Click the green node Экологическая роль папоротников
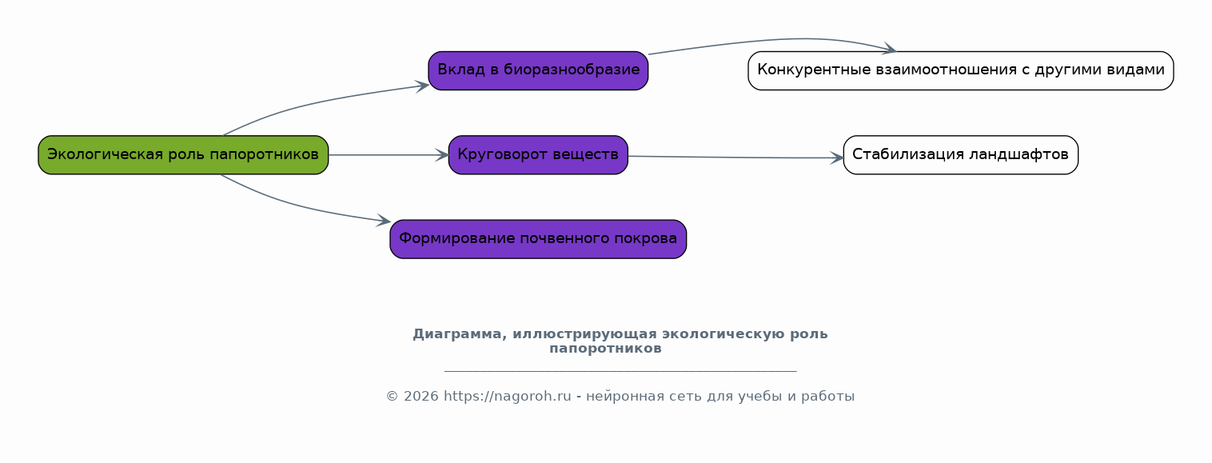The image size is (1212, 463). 183,154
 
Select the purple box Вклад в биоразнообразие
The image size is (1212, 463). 538,70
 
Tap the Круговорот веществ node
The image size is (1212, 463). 538,154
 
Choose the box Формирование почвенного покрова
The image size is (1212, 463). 538,239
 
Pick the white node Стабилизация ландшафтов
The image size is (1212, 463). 960,154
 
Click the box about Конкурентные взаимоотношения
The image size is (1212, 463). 960,70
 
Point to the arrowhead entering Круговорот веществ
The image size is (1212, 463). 442,155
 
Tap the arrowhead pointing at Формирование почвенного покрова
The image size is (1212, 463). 384,220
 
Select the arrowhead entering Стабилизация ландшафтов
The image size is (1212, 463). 837,158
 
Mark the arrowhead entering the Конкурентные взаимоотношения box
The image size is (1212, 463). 889,49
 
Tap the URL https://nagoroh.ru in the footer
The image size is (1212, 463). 508,397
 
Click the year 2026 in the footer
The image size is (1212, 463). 421,397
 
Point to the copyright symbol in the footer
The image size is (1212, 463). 393,397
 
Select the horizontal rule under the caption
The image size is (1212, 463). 620,371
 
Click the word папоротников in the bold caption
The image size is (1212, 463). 605,349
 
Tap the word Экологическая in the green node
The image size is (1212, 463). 105,154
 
